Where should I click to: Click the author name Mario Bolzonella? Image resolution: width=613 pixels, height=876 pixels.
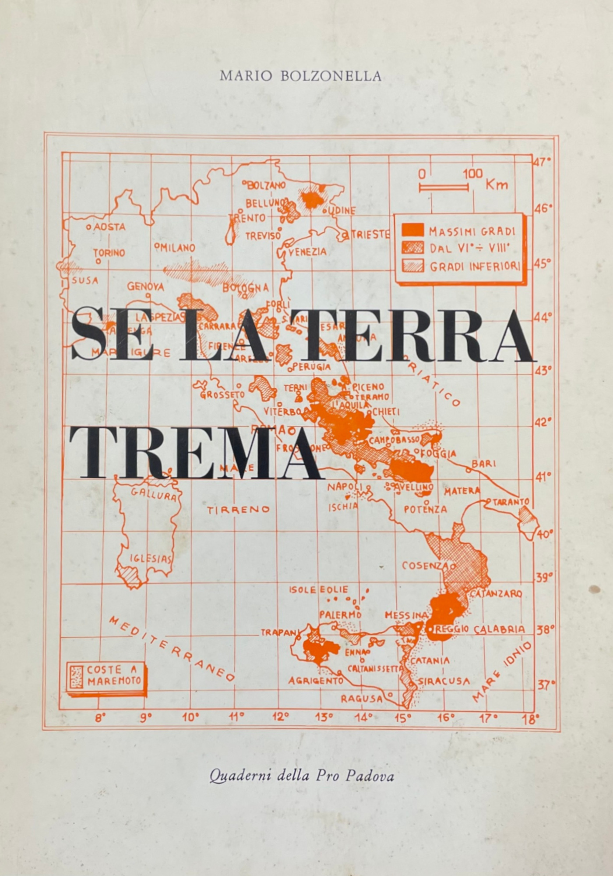[x=300, y=76]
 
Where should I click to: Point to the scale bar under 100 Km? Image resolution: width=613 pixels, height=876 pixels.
[x=444, y=188]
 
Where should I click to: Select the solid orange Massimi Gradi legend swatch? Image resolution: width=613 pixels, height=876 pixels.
[x=413, y=230]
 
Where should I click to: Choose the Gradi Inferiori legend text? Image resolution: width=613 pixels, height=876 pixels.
[x=475, y=266]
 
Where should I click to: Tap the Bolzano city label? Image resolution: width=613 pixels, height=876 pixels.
[x=265, y=185]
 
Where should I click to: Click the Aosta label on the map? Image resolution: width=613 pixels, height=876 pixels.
[x=109, y=227]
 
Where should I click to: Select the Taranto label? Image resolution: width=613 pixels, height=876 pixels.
[x=511, y=502]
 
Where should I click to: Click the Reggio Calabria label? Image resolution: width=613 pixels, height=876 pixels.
[x=480, y=629]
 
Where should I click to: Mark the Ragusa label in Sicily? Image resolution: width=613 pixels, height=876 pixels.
[x=362, y=699]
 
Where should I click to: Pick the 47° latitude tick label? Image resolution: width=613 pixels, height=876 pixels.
[x=543, y=161]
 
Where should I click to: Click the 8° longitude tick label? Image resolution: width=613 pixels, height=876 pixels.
[x=101, y=718]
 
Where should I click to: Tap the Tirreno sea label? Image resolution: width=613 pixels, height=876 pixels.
[x=238, y=510]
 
